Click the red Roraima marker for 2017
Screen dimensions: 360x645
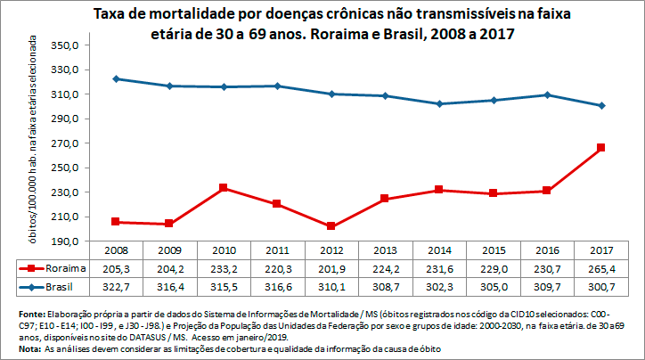600,148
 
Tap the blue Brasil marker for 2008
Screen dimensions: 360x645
117,78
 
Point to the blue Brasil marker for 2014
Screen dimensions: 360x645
439,103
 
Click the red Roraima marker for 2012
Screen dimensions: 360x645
331,226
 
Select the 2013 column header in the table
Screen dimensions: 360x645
386,250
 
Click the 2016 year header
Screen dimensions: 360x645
547,250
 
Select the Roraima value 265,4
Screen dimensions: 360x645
600,267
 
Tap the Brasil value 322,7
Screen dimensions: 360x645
117,286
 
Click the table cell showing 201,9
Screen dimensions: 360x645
331,267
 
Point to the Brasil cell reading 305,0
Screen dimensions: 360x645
493,286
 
